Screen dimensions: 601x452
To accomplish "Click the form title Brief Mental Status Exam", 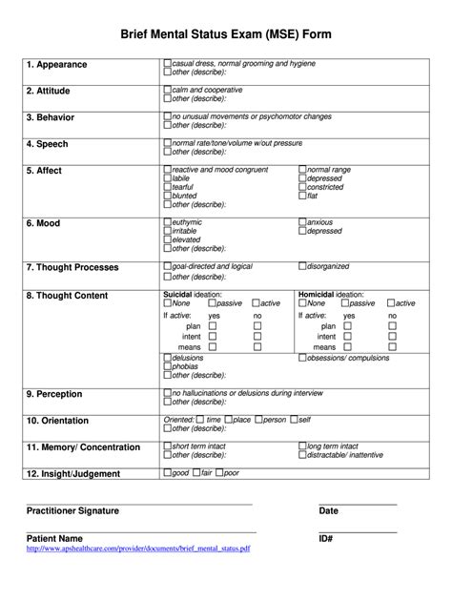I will [226, 33].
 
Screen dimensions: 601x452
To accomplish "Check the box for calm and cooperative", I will [168, 89].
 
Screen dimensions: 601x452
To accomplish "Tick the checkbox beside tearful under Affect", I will [168, 187].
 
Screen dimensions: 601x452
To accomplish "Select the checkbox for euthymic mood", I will [168, 221].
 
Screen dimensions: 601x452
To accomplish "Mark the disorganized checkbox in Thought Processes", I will [303, 265].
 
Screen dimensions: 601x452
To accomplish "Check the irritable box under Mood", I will [168, 231].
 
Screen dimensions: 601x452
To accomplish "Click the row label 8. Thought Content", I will [67, 296].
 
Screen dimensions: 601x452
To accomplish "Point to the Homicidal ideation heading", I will [332, 294].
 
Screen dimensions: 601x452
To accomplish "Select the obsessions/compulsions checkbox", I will [303, 359].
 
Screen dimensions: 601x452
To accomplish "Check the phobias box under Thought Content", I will [168, 366].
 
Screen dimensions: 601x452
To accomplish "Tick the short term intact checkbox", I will [168, 446].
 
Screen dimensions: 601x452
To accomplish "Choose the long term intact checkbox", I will [303, 446].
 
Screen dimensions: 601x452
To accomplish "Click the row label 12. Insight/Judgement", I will [73, 473].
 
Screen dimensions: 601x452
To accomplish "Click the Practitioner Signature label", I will [72, 511].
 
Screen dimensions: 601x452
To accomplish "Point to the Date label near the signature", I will [329, 511].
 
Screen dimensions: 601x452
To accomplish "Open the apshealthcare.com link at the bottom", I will [138, 549].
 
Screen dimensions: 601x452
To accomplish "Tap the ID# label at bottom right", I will [326, 539].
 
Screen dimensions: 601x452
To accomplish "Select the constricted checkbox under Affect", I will [303, 187].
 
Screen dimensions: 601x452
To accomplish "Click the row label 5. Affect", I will [44, 171].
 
